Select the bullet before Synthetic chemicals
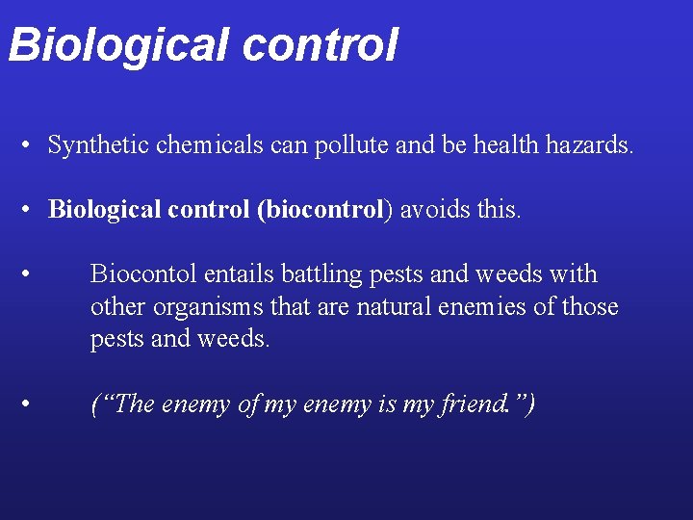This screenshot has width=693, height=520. click(31, 146)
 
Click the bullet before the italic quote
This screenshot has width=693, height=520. click(31, 403)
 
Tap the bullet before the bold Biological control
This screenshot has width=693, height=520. click(31, 210)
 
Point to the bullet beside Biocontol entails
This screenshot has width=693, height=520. click(31, 273)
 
